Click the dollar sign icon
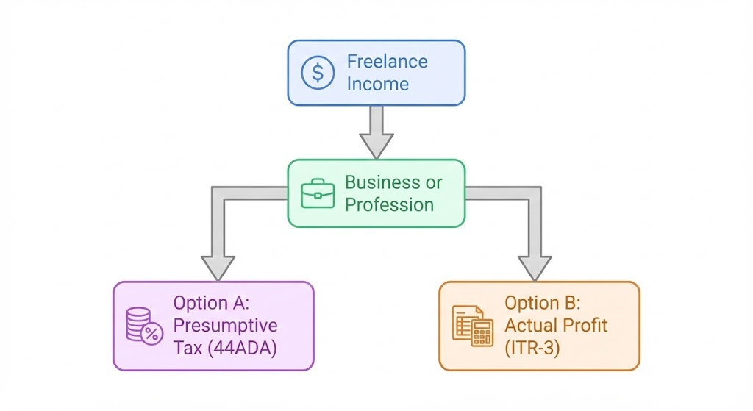(318, 73)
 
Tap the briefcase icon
(318, 193)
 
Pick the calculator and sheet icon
(472, 326)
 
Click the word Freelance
(388, 62)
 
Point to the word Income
(377, 84)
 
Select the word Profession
(389, 204)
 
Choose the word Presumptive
(225, 325)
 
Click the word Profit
(582, 325)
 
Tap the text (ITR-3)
(532, 348)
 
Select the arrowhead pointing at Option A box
(218, 266)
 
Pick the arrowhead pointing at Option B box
(535, 266)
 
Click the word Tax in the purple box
(188, 348)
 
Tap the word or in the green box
(434, 182)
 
